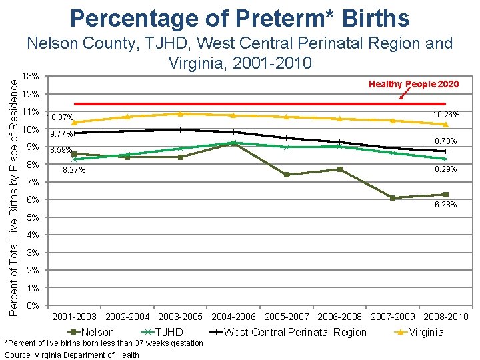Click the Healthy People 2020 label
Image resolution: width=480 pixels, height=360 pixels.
point(414,84)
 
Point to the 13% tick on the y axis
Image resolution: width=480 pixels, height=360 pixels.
point(31,75)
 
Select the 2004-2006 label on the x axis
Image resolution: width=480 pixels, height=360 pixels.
point(233,316)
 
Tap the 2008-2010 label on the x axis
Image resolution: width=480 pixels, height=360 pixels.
point(446,316)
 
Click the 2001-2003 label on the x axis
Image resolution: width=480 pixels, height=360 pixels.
point(74,316)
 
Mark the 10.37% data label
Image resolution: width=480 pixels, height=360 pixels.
point(61,117)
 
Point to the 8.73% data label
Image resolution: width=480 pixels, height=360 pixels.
point(445,141)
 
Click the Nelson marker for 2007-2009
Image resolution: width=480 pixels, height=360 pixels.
point(393,198)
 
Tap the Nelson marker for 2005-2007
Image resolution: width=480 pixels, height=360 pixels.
point(286,175)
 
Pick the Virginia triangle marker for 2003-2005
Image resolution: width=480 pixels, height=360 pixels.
point(180,114)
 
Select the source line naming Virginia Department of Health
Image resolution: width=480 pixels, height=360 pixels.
point(72,355)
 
